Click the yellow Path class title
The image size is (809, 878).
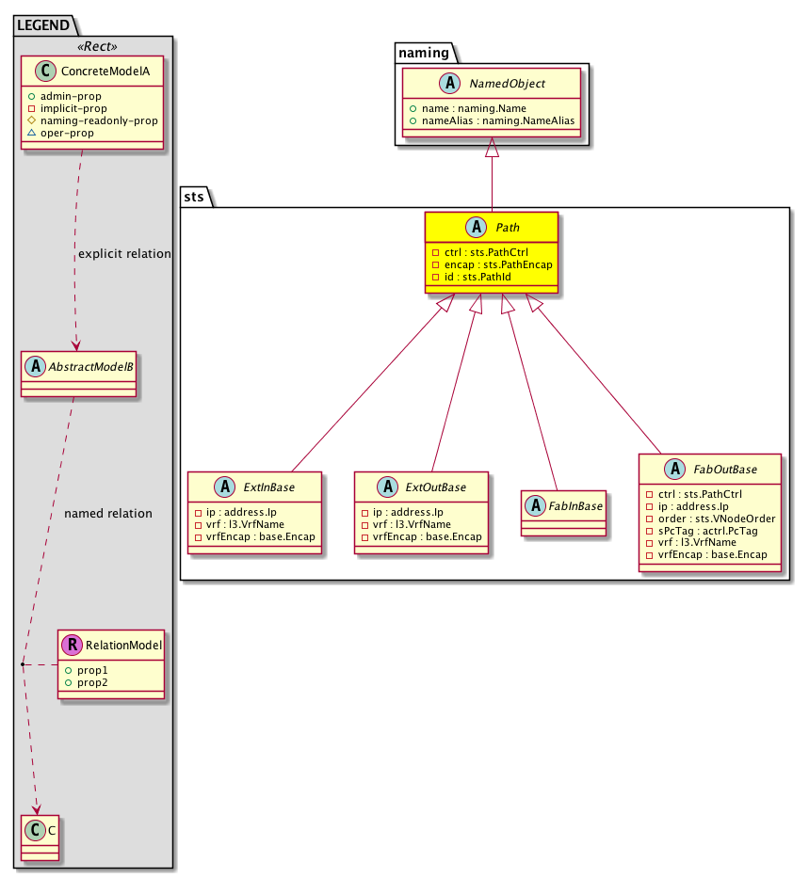pyautogui.click(x=508, y=228)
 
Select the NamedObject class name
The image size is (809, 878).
pyautogui.click(x=507, y=84)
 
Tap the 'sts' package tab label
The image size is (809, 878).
pyautogui.click(x=194, y=197)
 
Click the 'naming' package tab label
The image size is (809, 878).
pyautogui.click(x=424, y=53)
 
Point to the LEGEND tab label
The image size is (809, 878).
pyautogui.click(x=43, y=25)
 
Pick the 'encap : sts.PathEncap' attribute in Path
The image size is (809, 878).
pyautogui.click(x=498, y=264)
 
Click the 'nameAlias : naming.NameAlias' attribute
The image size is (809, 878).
pyautogui.click(x=498, y=120)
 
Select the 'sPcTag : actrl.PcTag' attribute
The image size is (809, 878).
pyautogui.click(x=707, y=531)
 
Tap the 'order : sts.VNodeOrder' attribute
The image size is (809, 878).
pyautogui.click(x=717, y=519)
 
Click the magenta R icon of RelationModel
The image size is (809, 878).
pyautogui.click(x=73, y=645)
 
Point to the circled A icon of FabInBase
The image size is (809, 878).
pyautogui.click(x=536, y=505)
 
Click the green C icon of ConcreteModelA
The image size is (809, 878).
pyautogui.click(x=46, y=72)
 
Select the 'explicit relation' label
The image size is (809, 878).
pyautogui.click(x=124, y=254)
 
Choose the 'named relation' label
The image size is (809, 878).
pyautogui.click(x=108, y=514)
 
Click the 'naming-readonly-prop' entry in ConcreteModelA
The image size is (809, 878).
pyautogui.click(x=99, y=120)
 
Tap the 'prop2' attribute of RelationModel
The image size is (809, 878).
pyautogui.click(x=92, y=682)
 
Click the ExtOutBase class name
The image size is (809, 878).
pyautogui.click(x=435, y=487)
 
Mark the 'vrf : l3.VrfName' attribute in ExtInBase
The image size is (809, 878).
pyautogui.click(x=245, y=524)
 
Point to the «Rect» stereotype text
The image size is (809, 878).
pyautogui.click(x=97, y=46)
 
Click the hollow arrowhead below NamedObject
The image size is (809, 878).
pyautogui.click(x=492, y=147)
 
